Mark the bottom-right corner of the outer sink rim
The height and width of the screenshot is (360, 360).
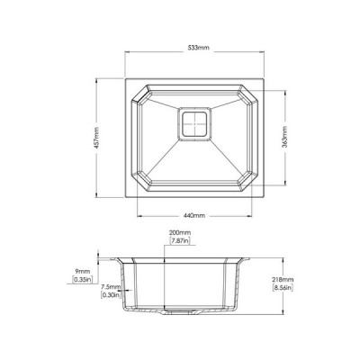pos(270,199)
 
